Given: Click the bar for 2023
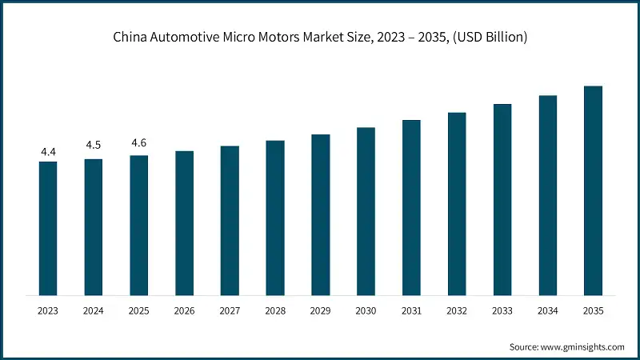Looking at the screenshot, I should pyautogui.click(x=48, y=228).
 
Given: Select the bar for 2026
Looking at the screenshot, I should pyautogui.click(x=184, y=222).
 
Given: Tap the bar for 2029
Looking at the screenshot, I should pyautogui.click(x=321, y=214).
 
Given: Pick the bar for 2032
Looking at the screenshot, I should pyautogui.click(x=457, y=204).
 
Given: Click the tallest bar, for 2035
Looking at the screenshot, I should pyautogui.click(x=593, y=190).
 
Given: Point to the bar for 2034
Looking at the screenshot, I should pyautogui.click(x=547, y=195).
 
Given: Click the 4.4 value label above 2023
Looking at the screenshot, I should pyautogui.click(x=48, y=151).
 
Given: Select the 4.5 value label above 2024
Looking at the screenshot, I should pyautogui.click(x=94, y=146).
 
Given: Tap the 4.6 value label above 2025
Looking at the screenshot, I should pyautogui.click(x=139, y=142).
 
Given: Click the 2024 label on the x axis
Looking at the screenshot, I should pyautogui.click(x=94, y=310).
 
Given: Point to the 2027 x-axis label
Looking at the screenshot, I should pyautogui.click(x=230, y=310).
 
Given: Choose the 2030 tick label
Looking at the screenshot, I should pyautogui.click(x=366, y=310).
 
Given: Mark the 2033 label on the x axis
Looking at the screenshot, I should pyautogui.click(x=502, y=310).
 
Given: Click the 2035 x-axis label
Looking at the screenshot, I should pyautogui.click(x=593, y=310).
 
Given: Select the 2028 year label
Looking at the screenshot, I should pyautogui.click(x=275, y=310).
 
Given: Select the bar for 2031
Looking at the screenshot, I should pyautogui.click(x=411, y=207).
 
